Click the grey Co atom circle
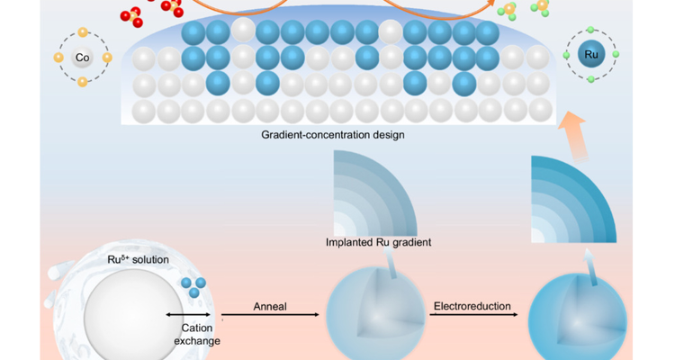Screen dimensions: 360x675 tap(82, 58)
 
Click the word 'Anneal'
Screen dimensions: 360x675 tap(269, 306)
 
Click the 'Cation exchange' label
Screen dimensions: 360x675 tap(192, 334)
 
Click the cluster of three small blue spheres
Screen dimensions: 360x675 tap(192, 287)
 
